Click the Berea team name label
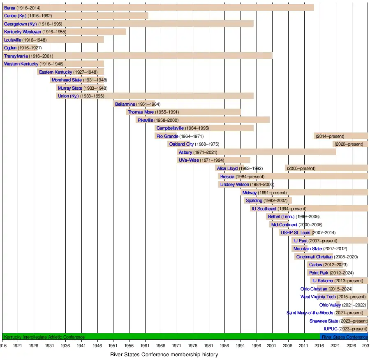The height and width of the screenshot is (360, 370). coord(9,8)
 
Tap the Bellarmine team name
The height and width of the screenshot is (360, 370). coord(125,104)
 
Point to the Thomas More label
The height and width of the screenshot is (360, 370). coord(141,112)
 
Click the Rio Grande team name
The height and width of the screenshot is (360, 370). coord(167,136)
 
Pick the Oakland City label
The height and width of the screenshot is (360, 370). coord(181,144)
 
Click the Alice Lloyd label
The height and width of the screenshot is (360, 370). coord(227,168)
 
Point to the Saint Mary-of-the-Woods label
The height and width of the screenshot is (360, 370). coord(310,313)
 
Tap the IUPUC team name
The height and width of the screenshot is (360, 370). coord(331,329)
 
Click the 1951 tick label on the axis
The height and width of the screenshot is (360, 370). coord(113,346)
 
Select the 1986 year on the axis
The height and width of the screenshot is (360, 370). coord(225,346)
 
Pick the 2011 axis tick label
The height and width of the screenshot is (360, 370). coord(305,346)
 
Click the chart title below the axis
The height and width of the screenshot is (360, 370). coord(164,354)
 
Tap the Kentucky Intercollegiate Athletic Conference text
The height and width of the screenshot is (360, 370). coord(44,337)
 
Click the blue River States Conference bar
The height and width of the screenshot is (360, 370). coord(344,337)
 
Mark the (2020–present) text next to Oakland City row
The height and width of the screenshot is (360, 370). coord(349,144)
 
